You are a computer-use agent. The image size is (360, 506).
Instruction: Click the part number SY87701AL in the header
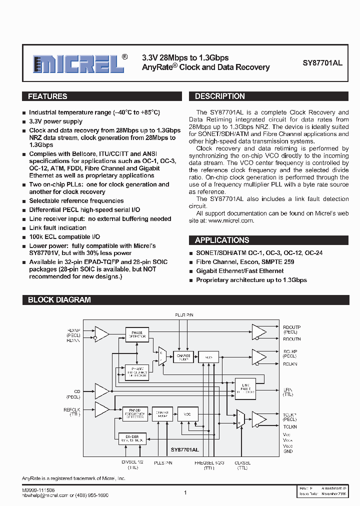(x=322, y=63)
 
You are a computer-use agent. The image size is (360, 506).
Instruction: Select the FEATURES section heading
(x=47, y=96)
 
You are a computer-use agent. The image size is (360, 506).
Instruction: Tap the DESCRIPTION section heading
(x=219, y=96)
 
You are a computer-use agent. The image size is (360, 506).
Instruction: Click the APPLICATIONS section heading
(x=222, y=240)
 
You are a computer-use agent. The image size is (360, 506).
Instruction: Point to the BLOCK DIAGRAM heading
(x=59, y=300)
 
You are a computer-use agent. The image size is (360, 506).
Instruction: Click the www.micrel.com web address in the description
(x=231, y=220)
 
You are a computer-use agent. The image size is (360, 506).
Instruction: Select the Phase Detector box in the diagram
(x=136, y=334)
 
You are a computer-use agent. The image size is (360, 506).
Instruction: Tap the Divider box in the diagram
(x=132, y=438)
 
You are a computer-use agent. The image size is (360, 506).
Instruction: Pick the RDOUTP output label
(x=291, y=327)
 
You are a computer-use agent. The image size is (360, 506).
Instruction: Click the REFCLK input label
(x=72, y=409)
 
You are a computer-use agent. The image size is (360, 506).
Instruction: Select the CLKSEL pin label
(x=242, y=463)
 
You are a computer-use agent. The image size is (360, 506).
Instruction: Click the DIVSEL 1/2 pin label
(x=132, y=463)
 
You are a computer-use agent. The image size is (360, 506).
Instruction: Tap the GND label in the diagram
(x=287, y=451)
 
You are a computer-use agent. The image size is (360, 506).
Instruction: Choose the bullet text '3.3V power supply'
(x=55, y=121)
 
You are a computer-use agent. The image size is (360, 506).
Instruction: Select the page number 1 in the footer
(x=185, y=492)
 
